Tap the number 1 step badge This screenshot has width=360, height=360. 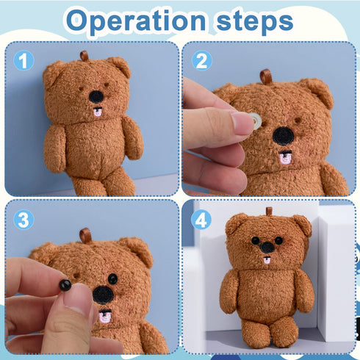[x=24, y=60]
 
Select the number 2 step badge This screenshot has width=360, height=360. [x=201, y=60]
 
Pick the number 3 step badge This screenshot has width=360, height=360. [x=24, y=219]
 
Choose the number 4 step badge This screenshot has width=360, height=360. [x=201, y=219]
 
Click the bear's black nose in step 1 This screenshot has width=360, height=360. [x=96, y=96]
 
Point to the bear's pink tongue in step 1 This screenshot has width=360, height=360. [x=97, y=112]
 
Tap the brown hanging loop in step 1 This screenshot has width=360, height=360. [x=84, y=56]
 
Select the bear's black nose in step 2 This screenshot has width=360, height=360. [x=284, y=135]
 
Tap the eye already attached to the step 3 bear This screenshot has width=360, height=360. [x=112, y=278]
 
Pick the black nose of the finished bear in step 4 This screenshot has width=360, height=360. [x=268, y=248]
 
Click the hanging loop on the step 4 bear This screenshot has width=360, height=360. [x=269, y=211]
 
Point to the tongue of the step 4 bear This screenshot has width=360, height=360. [x=268, y=260]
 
